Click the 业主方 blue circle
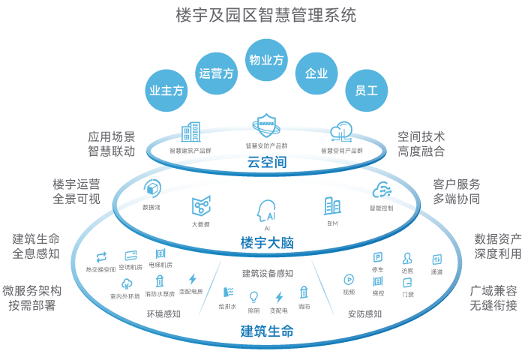[166, 91]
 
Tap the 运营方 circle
[217, 73]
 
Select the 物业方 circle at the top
[266, 59]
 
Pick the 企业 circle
[316, 73]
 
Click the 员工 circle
[366, 91]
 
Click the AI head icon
[267, 209]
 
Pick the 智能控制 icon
[381, 190]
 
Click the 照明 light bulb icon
[253, 295]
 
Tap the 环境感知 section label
[163, 313]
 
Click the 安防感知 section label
[364, 313]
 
